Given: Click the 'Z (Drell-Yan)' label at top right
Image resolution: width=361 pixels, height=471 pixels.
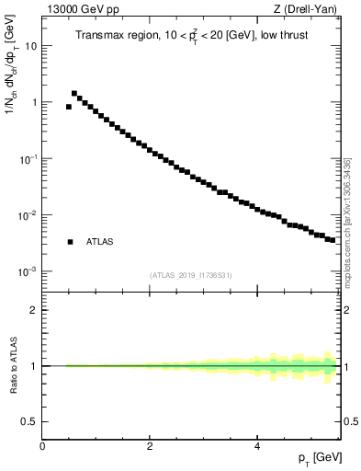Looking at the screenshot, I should point(310,10).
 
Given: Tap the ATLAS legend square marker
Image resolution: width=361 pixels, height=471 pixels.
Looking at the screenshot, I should point(70,242).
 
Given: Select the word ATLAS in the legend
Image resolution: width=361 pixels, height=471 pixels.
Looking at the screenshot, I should point(99,242).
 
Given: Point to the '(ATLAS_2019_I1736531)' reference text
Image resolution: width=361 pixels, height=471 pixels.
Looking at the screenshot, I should point(190,275).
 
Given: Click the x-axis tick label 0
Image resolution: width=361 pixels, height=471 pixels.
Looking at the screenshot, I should point(43,445).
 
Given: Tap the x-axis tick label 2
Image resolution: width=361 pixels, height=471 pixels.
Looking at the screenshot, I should point(150,445).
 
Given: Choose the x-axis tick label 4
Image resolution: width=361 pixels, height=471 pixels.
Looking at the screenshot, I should point(257,445).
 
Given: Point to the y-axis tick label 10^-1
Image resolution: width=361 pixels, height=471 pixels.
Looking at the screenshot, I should point(27,159).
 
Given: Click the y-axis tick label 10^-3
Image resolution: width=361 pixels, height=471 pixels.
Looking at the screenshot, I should point(27,272).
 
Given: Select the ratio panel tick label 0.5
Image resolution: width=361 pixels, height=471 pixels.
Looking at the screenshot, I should point(28,421).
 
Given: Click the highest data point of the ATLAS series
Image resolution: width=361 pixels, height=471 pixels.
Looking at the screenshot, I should point(74,93).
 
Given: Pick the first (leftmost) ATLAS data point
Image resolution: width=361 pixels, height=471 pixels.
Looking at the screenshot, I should point(69,107).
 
